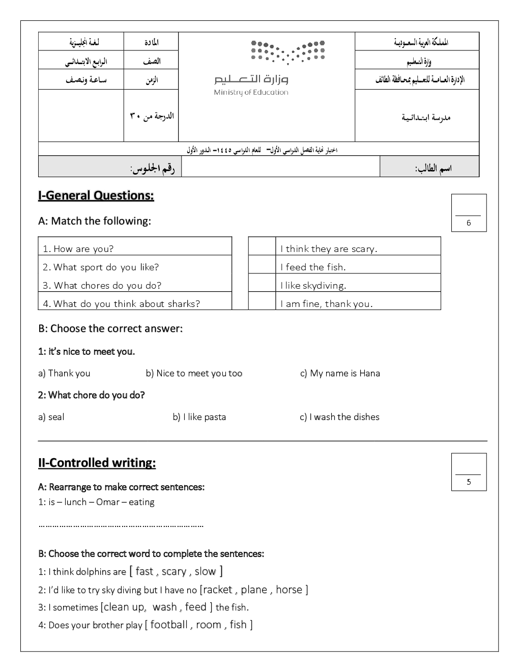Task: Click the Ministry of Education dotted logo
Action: tap(288, 52)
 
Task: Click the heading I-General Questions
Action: tap(96, 195)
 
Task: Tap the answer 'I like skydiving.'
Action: tap(313, 286)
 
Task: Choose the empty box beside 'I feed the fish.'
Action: tap(262, 267)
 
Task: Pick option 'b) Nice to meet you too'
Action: tap(194, 373)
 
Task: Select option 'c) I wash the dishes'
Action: tap(339, 417)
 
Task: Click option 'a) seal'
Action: tap(51, 417)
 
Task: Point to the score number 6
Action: tap(469, 223)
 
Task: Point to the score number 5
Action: tap(469, 482)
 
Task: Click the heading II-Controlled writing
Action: tap(97, 463)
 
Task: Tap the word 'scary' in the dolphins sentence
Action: tap(174, 572)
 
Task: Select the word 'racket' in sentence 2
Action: tap(218, 590)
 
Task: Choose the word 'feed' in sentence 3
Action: tap(195, 607)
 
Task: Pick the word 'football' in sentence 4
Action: tap(169, 625)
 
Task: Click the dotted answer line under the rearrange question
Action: tap(121, 525)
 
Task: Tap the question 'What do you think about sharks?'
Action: tap(121, 304)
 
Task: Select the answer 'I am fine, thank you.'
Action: tap(326, 304)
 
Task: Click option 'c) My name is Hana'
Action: tap(340, 373)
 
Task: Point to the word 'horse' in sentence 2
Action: tap(289, 590)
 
